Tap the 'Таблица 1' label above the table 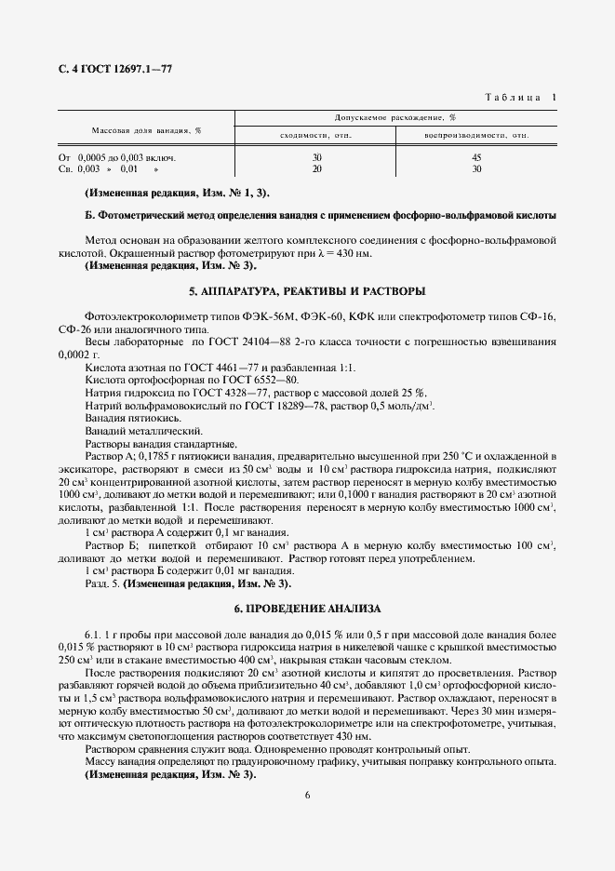(522, 97)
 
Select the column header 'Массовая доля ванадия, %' (146, 130)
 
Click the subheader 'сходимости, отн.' (315, 136)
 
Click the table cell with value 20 (316, 168)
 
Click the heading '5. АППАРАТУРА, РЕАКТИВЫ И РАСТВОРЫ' (307, 291)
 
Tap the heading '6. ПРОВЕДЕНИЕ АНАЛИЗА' (307, 608)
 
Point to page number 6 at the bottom (307, 794)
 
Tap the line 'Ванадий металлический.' (130, 432)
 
